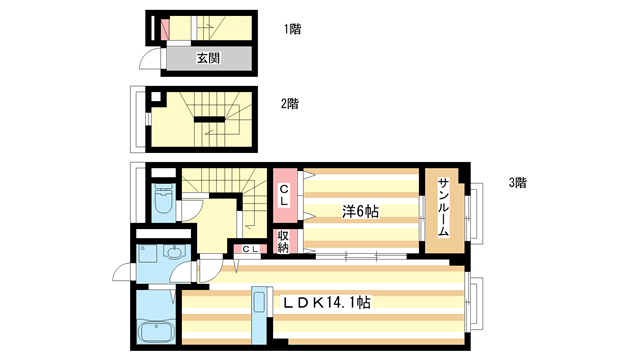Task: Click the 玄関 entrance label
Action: click(x=207, y=58)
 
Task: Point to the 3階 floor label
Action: click(x=517, y=183)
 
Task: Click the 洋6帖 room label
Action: click(x=359, y=211)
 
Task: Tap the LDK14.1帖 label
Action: click(x=326, y=301)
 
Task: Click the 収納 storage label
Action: click(x=283, y=241)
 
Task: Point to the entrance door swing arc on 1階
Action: click(x=150, y=62)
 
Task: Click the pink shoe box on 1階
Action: click(x=168, y=28)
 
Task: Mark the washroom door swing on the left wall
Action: click(x=122, y=271)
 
